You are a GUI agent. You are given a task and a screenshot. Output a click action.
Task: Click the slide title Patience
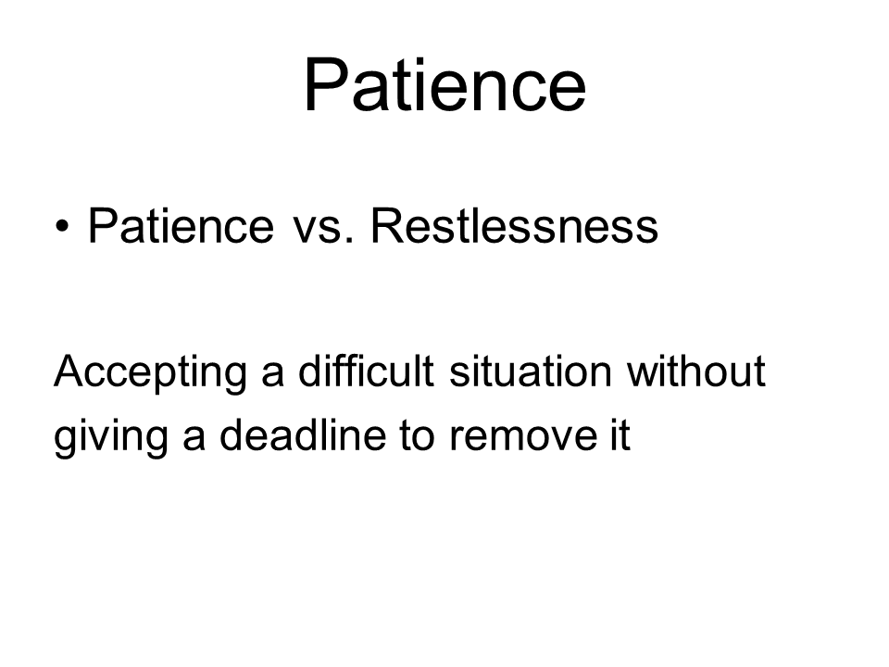[444, 85]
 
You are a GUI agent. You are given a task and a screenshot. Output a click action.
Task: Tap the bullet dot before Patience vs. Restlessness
[62, 227]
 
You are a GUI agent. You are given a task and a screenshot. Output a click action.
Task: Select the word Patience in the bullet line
[181, 226]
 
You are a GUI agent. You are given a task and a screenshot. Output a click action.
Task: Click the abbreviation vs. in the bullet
[323, 231]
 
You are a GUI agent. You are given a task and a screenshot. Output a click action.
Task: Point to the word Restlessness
[514, 226]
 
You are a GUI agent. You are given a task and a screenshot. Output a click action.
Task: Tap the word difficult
[367, 371]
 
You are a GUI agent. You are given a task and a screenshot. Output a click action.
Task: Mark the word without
[696, 371]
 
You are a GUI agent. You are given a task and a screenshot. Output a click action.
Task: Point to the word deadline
[303, 434]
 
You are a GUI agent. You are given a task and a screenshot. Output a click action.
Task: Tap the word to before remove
[418, 436]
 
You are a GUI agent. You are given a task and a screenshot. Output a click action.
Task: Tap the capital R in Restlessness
[388, 225]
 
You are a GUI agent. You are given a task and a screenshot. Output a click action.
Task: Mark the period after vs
[349, 241]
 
